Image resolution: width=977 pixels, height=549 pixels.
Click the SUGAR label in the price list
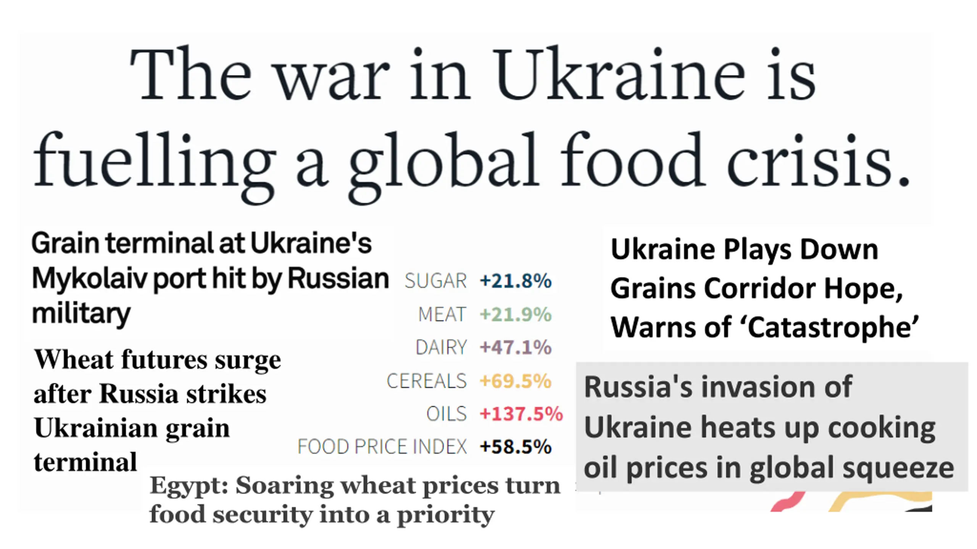[x=435, y=281]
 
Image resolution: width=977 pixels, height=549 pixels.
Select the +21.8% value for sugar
[x=516, y=281]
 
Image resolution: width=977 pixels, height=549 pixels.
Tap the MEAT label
[x=442, y=315]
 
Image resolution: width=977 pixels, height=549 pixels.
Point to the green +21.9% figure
[x=516, y=315]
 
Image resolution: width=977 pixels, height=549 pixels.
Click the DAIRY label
[x=441, y=347]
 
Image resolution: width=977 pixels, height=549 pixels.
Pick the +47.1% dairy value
[x=516, y=347]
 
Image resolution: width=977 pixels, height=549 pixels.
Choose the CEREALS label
[x=426, y=381]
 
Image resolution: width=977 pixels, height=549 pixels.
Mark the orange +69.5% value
[x=516, y=381]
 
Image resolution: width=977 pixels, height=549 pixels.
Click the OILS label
[x=446, y=414]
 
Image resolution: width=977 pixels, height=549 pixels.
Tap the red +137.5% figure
[x=521, y=414]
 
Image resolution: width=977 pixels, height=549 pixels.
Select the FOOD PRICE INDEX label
[x=382, y=446]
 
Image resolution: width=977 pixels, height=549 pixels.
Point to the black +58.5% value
[x=516, y=446]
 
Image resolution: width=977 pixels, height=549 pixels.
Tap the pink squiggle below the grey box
[x=788, y=502]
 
